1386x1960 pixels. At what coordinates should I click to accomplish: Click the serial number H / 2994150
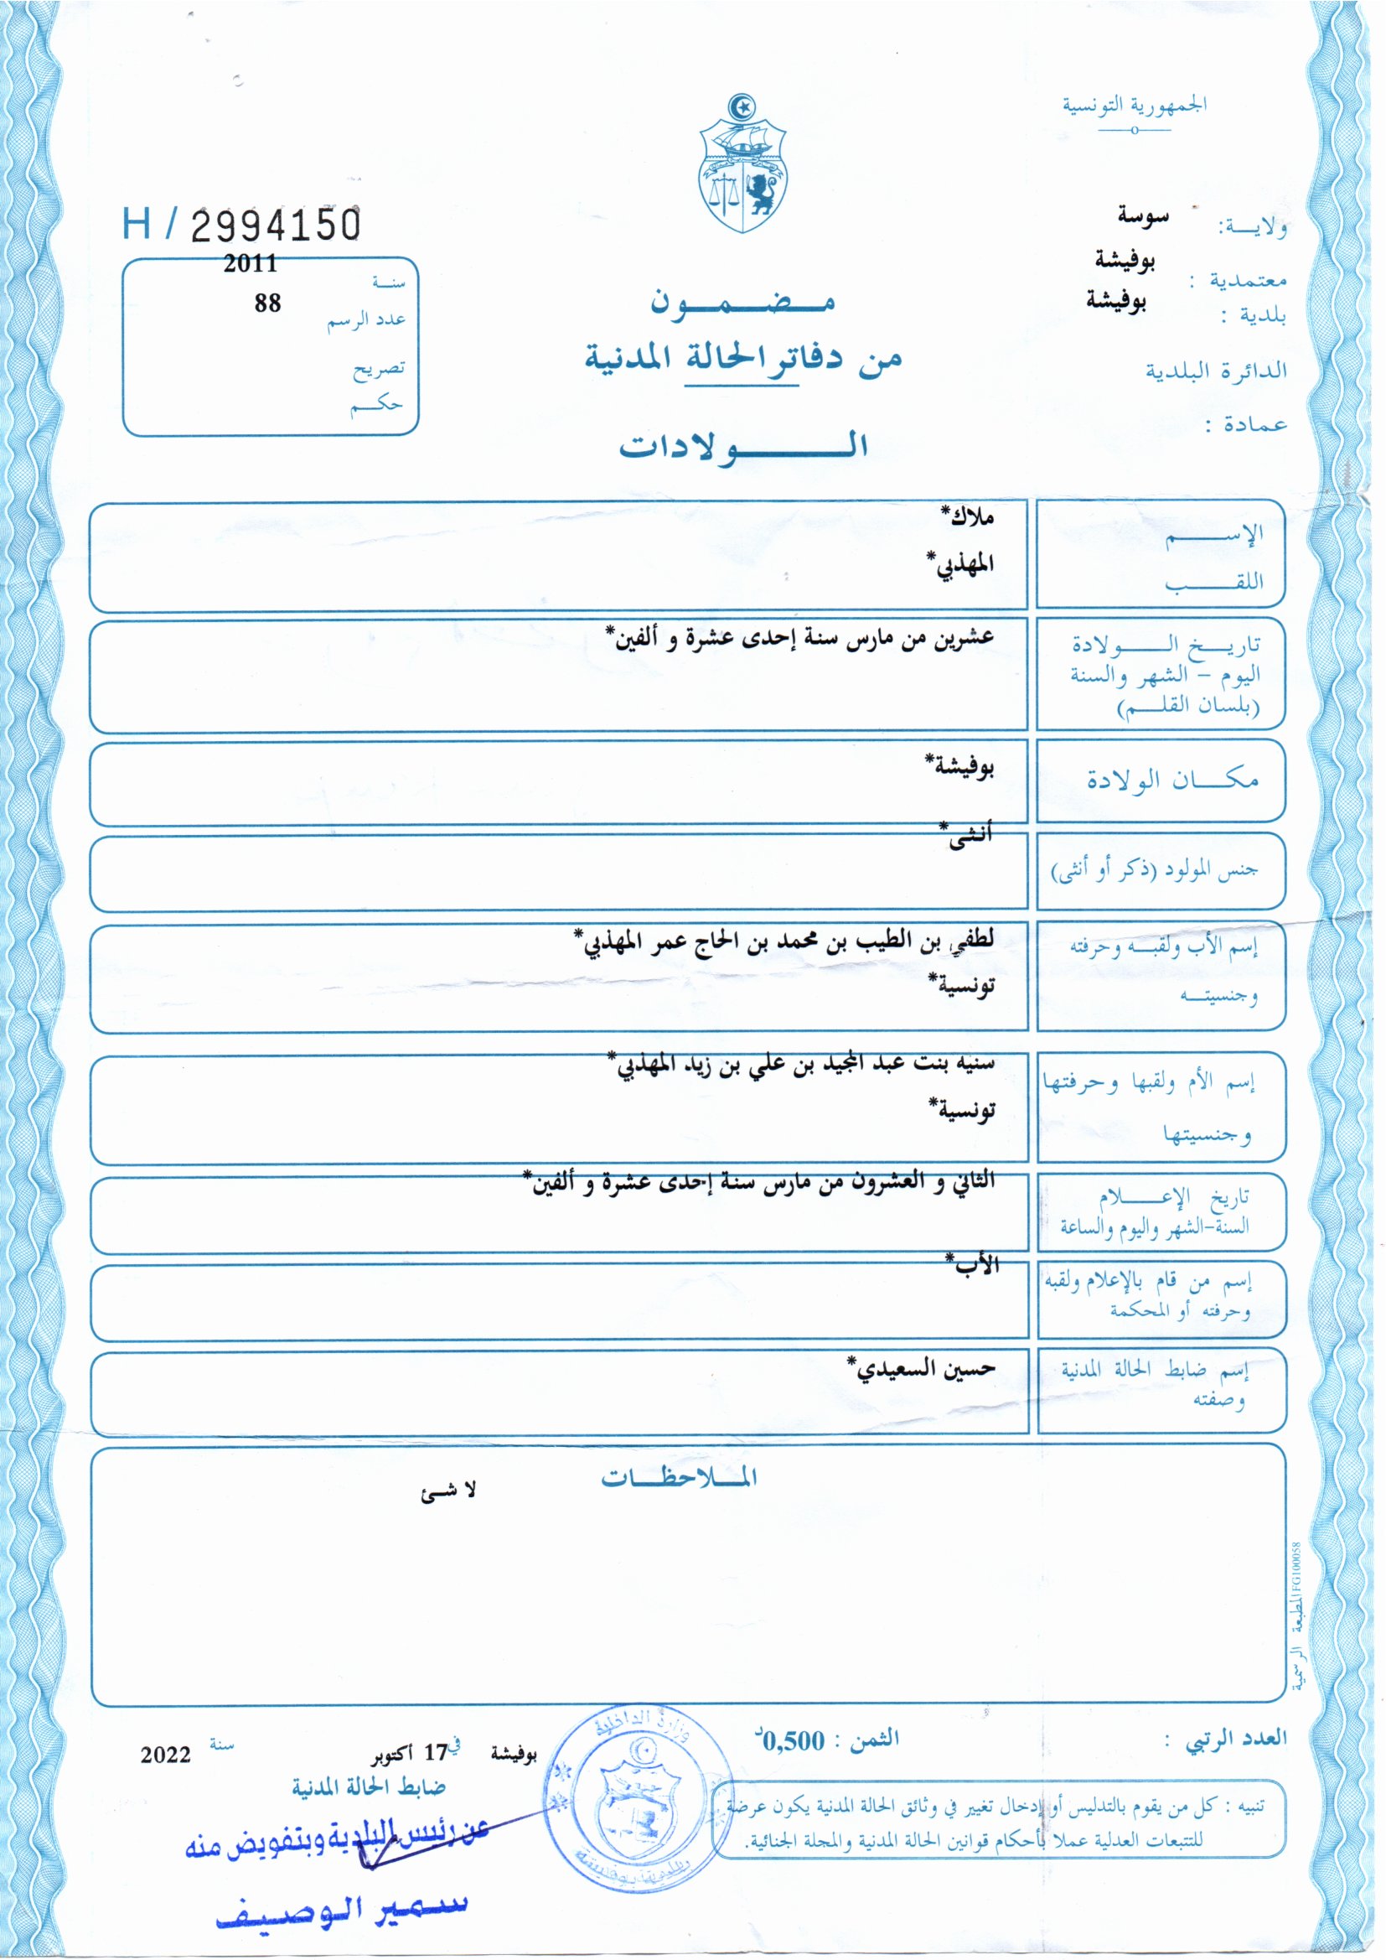tap(242, 224)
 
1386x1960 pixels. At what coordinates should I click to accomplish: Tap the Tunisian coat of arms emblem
tap(742, 164)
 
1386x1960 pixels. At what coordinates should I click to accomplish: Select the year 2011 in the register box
tap(250, 264)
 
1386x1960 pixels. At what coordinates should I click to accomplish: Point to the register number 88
tap(267, 303)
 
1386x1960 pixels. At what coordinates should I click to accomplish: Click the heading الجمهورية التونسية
tap(1135, 106)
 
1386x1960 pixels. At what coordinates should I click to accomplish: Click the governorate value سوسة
tap(1143, 217)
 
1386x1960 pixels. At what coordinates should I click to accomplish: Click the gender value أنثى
tap(970, 834)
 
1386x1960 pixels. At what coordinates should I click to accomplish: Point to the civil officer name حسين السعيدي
tap(923, 1368)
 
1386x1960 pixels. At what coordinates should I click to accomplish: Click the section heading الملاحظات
tap(680, 1477)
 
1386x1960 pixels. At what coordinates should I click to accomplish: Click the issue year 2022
tap(166, 1755)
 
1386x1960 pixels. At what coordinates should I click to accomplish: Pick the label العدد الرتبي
tap(1235, 1738)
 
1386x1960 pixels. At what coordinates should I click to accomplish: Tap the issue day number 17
tap(436, 1753)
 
